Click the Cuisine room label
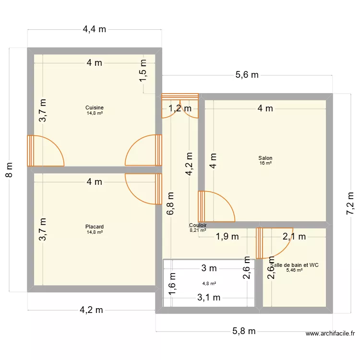pyautogui.click(x=95, y=108)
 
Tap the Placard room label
pyautogui.click(x=95, y=227)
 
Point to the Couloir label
pyautogui.click(x=198, y=225)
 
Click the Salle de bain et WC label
pyautogui.click(x=294, y=264)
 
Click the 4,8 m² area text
pyautogui.click(x=209, y=283)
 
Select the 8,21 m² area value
pyautogui.click(x=198, y=230)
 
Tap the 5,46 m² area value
pyautogui.click(x=294, y=270)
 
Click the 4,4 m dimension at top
pyautogui.click(x=95, y=29)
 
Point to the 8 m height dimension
pyautogui.click(x=10, y=169)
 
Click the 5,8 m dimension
pyautogui.click(x=244, y=331)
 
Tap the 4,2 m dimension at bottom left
pyautogui.click(x=91, y=310)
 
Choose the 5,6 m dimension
pyautogui.click(x=247, y=74)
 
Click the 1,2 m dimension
pyautogui.click(x=180, y=108)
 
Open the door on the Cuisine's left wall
pyautogui.click(x=46, y=151)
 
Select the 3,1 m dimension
pyautogui.click(x=209, y=298)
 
